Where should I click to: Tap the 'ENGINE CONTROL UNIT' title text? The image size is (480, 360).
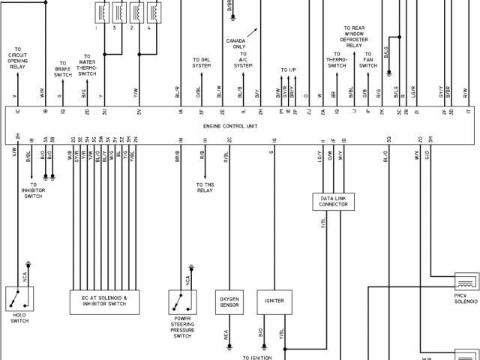[230, 126]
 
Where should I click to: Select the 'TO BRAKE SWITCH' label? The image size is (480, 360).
[62, 69]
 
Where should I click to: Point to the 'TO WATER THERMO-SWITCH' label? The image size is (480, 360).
[87, 65]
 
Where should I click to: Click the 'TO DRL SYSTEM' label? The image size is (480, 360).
[201, 63]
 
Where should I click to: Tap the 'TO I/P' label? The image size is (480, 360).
[289, 70]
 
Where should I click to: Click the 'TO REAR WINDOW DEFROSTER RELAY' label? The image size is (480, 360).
[355, 37]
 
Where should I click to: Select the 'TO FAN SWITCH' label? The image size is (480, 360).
[368, 60]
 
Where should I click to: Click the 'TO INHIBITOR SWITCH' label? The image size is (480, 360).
[33, 190]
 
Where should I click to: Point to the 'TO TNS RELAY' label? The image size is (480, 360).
[205, 187]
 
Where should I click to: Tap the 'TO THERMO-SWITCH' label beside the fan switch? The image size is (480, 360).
[337, 60]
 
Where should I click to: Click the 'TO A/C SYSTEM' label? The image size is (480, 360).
[243, 63]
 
